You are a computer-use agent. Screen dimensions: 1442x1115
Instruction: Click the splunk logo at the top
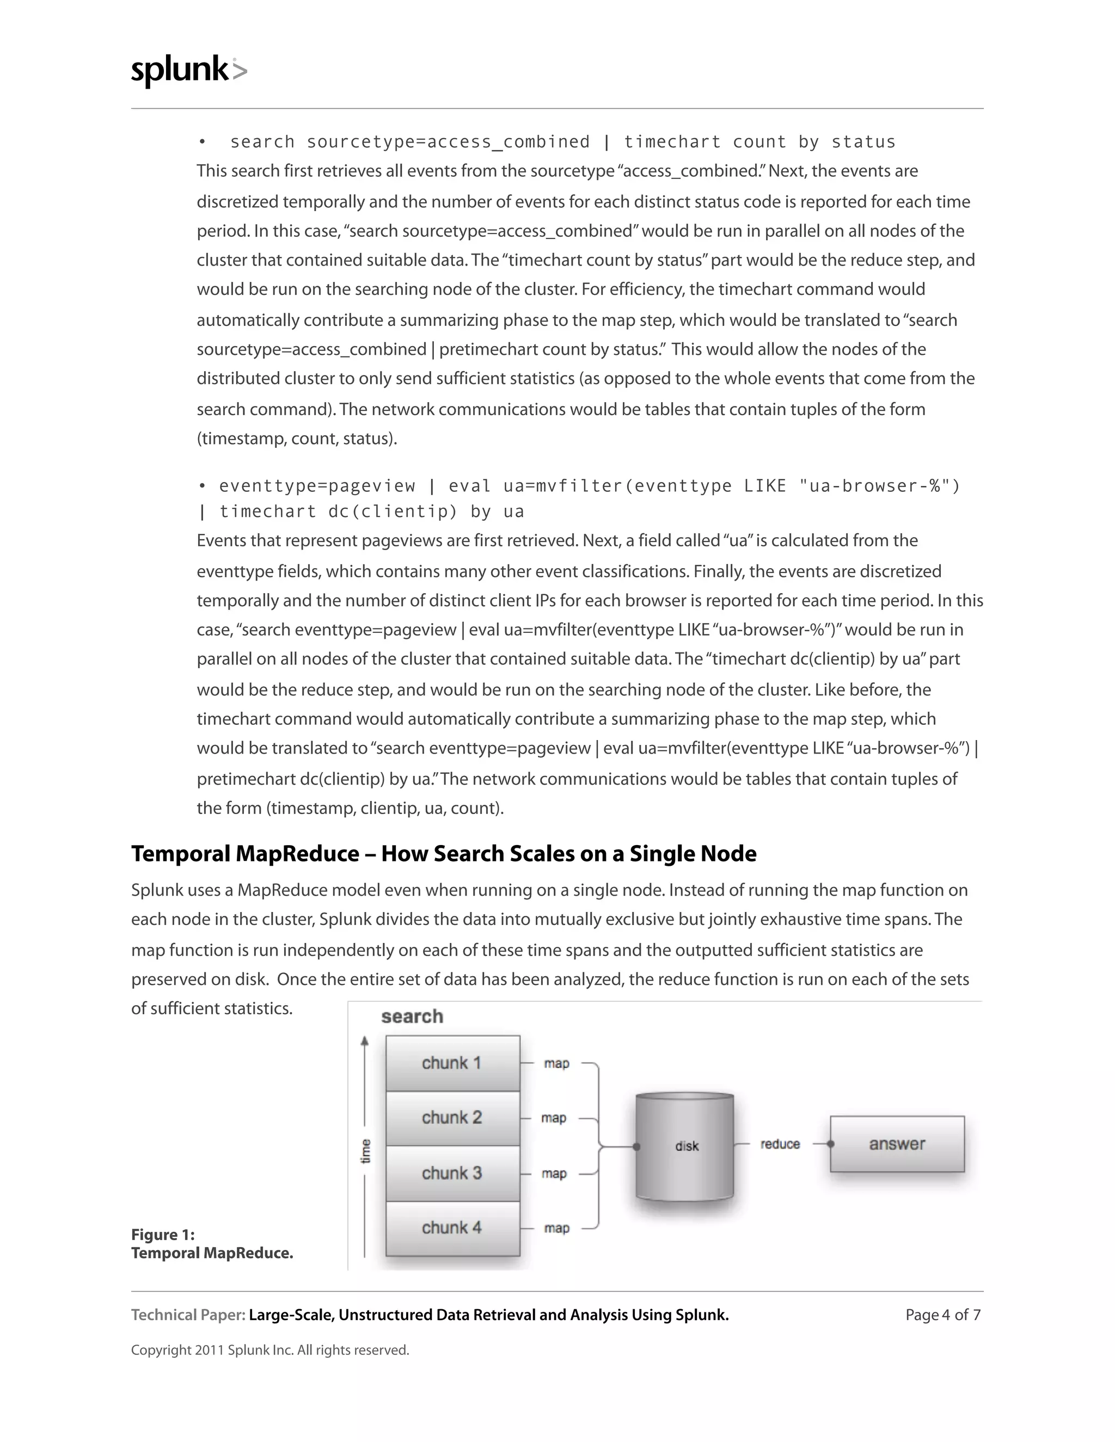point(188,71)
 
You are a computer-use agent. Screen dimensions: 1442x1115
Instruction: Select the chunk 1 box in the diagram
point(452,1063)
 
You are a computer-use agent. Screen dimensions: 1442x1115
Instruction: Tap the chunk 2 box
point(452,1118)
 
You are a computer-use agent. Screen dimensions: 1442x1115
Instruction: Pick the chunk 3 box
point(452,1173)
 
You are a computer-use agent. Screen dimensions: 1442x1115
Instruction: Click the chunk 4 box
point(452,1228)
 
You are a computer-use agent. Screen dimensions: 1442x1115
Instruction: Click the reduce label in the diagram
point(780,1144)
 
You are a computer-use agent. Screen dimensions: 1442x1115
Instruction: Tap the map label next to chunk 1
point(556,1064)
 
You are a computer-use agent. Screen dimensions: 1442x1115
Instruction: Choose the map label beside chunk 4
point(556,1228)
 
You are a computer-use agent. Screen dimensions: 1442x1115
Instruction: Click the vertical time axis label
point(365,1151)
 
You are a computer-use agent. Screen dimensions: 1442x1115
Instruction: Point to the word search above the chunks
point(412,1017)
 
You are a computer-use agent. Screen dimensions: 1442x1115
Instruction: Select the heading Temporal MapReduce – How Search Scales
point(443,854)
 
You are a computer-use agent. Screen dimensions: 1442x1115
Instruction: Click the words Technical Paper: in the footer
point(188,1315)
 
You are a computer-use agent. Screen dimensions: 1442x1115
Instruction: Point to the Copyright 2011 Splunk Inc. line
point(269,1350)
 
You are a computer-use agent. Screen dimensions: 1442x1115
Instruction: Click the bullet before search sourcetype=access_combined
point(202,142)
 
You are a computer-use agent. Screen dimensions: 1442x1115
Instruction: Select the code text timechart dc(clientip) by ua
point(371,512)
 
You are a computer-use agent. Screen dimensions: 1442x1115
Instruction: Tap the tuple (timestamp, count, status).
point(297,439)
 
